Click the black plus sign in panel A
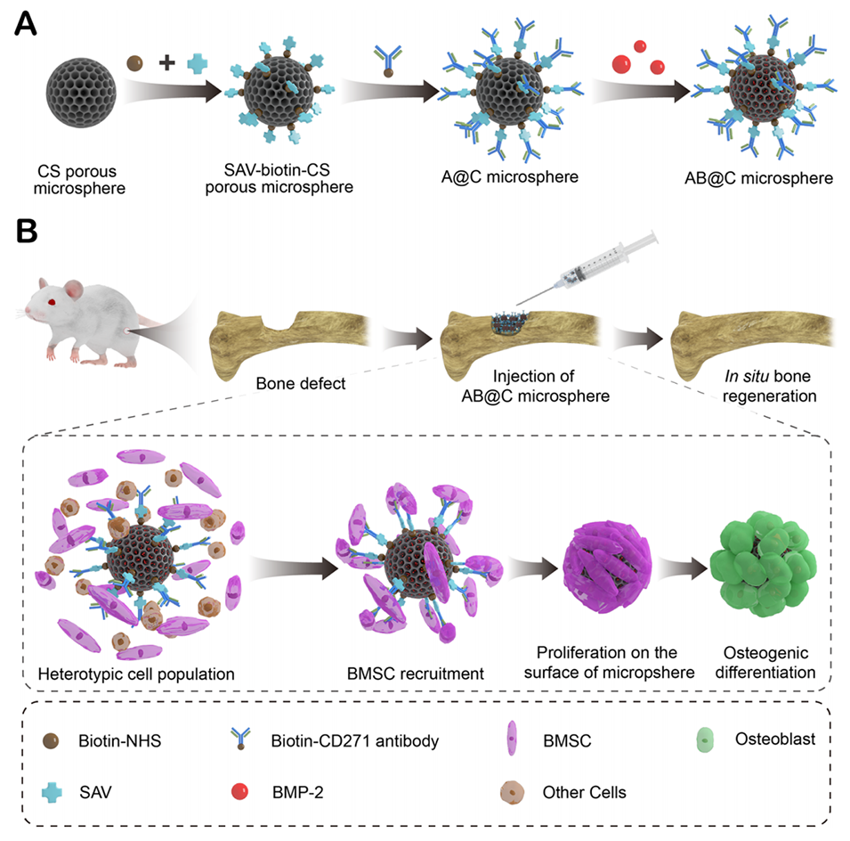[166, 63]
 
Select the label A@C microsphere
[522, 176]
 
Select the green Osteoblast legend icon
[703, 739]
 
